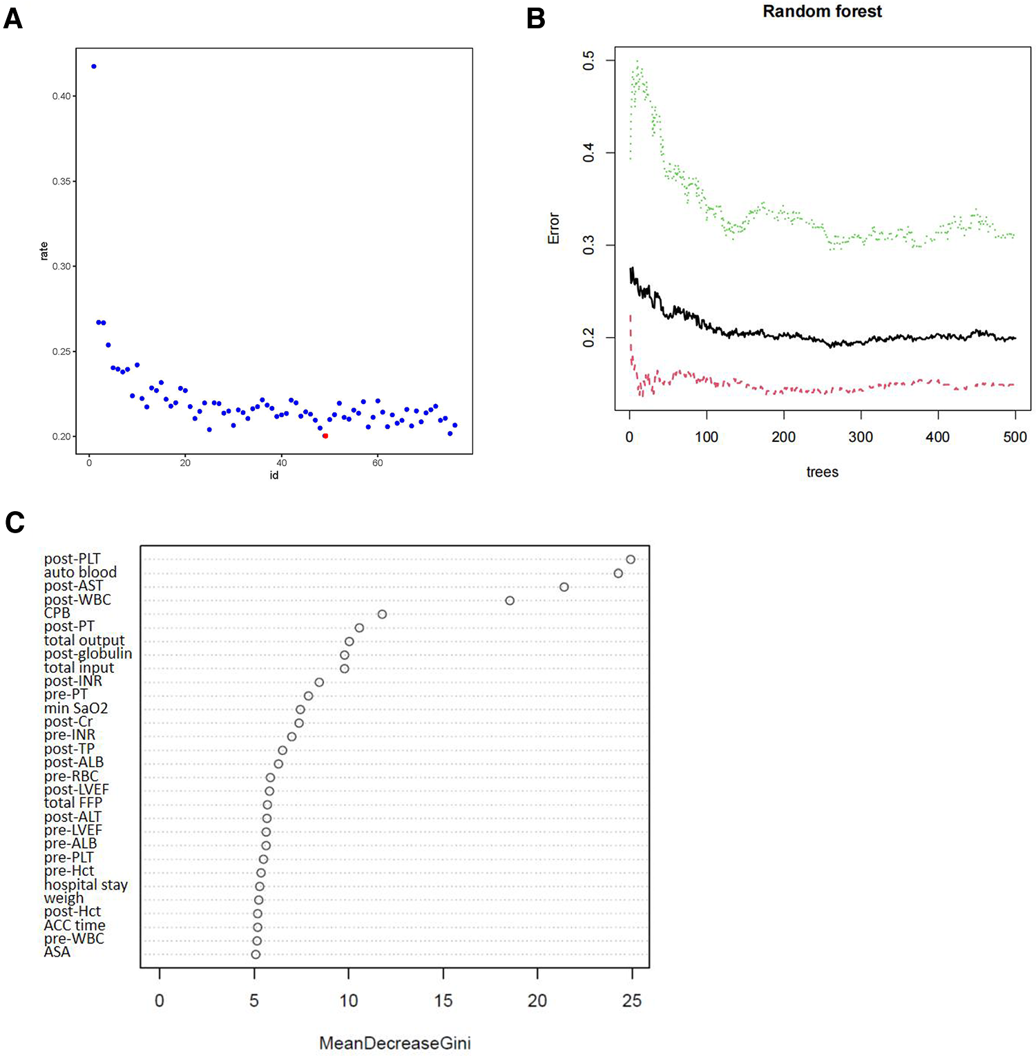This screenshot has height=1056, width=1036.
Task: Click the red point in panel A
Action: tap(325, 436)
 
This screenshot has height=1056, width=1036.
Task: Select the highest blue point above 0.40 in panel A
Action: tap(94, 66)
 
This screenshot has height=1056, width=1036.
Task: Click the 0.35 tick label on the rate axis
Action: tap(61, 182)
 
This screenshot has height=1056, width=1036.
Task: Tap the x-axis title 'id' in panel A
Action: tap(274, 475)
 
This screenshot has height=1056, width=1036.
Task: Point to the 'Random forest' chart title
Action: tap(822, 12)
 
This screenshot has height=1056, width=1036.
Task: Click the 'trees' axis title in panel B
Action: tap(822, 472)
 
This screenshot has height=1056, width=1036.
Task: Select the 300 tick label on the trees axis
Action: tap(861, 437)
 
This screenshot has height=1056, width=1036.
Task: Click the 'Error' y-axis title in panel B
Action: tap(554, 228)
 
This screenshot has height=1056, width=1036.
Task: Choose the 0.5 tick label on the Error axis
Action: tap(588, 61)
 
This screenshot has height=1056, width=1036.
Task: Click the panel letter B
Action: tap(535, 19)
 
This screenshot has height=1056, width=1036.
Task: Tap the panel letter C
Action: tap(15, 523)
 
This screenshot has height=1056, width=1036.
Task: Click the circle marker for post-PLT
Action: tap(631, 559)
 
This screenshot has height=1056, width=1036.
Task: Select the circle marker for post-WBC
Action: tap(510, 601)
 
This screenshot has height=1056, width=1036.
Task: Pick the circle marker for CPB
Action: tap(382, 614)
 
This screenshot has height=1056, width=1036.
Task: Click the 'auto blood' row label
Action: tap(80, 573)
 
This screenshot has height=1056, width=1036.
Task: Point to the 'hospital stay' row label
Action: tap(86, 885)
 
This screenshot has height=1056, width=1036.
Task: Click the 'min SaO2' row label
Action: tap(76, 709)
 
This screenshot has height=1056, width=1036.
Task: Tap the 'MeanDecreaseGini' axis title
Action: tap(394, 1043)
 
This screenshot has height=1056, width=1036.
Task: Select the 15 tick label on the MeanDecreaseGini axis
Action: tap(443, 1001)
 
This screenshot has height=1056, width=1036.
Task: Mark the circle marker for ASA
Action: tap(256, 954)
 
